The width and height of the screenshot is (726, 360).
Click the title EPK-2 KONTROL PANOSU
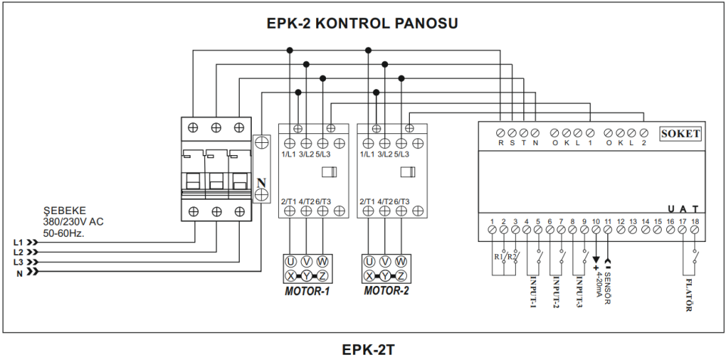[x=362, y=23]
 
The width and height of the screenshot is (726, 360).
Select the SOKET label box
[x=681, y=134]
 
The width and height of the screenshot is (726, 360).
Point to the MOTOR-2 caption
[x=386, y=290]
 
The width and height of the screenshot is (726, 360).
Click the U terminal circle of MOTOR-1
[x=290, y=261]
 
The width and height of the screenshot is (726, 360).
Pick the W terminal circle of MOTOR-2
[x=402, y=261]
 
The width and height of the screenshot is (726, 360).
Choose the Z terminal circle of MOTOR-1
[x=323, y=275]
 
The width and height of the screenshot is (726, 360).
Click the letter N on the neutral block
[x=262, y=183]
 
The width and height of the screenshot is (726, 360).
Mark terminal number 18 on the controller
[x=694, y=220]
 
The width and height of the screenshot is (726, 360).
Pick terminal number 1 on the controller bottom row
[x=492, y=220]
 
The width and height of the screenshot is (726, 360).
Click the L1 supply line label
[x=18, y=242]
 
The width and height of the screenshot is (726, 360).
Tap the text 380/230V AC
[x=74, y=222]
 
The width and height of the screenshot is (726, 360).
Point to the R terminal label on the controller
[x=501, y=142]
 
